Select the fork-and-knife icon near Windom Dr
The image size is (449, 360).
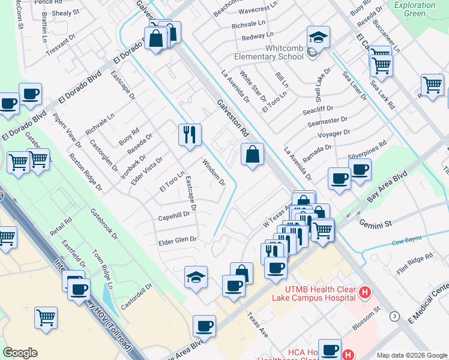(190, 136)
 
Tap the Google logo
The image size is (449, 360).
(20, 353)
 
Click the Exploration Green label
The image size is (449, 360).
(415, 9)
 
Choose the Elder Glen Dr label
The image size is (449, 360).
(177, 239)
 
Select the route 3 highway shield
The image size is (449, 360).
(394, 316)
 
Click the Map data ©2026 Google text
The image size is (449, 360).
(411, 355)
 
